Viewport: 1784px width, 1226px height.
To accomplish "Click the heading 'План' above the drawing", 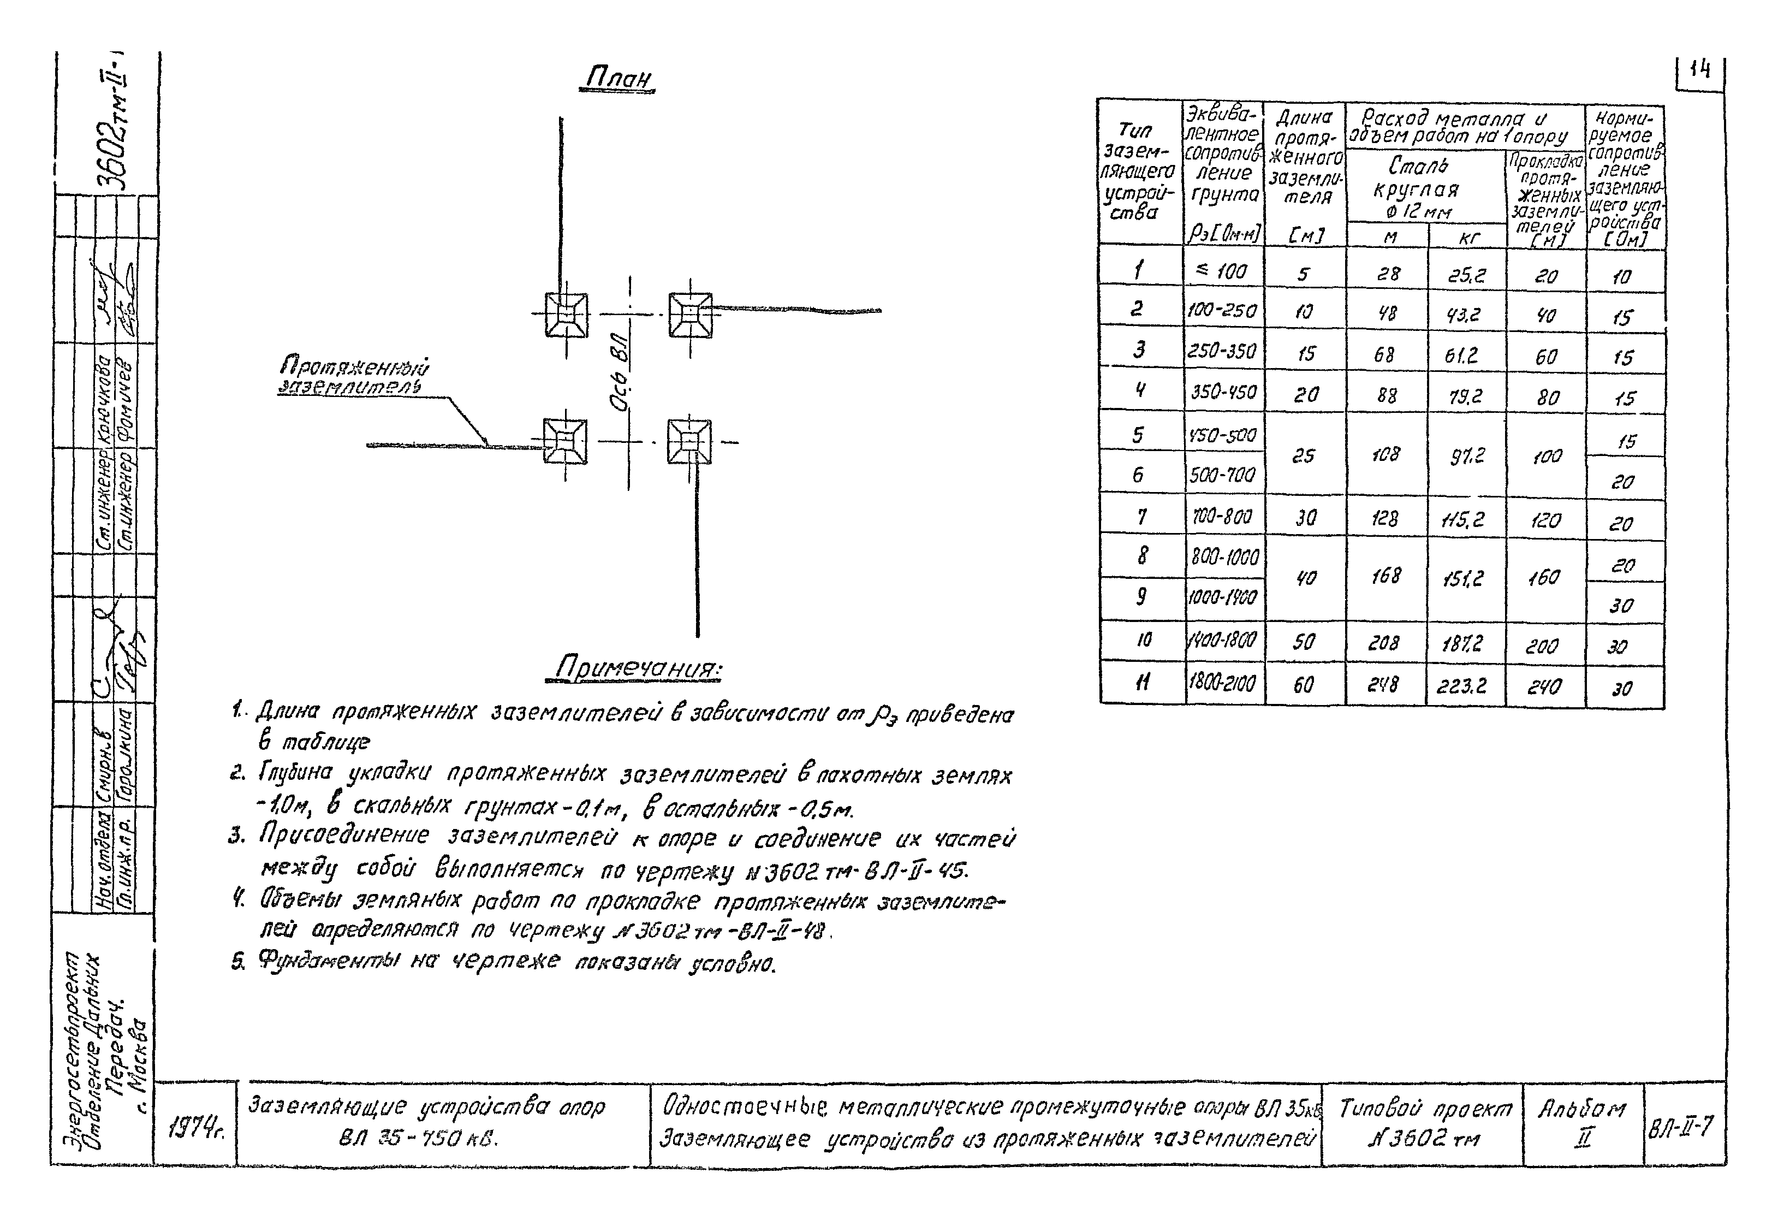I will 618,78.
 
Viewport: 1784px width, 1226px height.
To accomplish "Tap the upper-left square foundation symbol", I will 566,315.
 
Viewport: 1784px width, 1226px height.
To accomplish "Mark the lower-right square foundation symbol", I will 689,442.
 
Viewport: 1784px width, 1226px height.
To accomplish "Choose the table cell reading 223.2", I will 1465,686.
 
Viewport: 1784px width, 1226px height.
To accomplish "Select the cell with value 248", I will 1384,684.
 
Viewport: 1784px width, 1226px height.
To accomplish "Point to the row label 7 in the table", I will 1141,517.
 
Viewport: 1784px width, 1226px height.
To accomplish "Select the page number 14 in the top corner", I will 1699,70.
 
